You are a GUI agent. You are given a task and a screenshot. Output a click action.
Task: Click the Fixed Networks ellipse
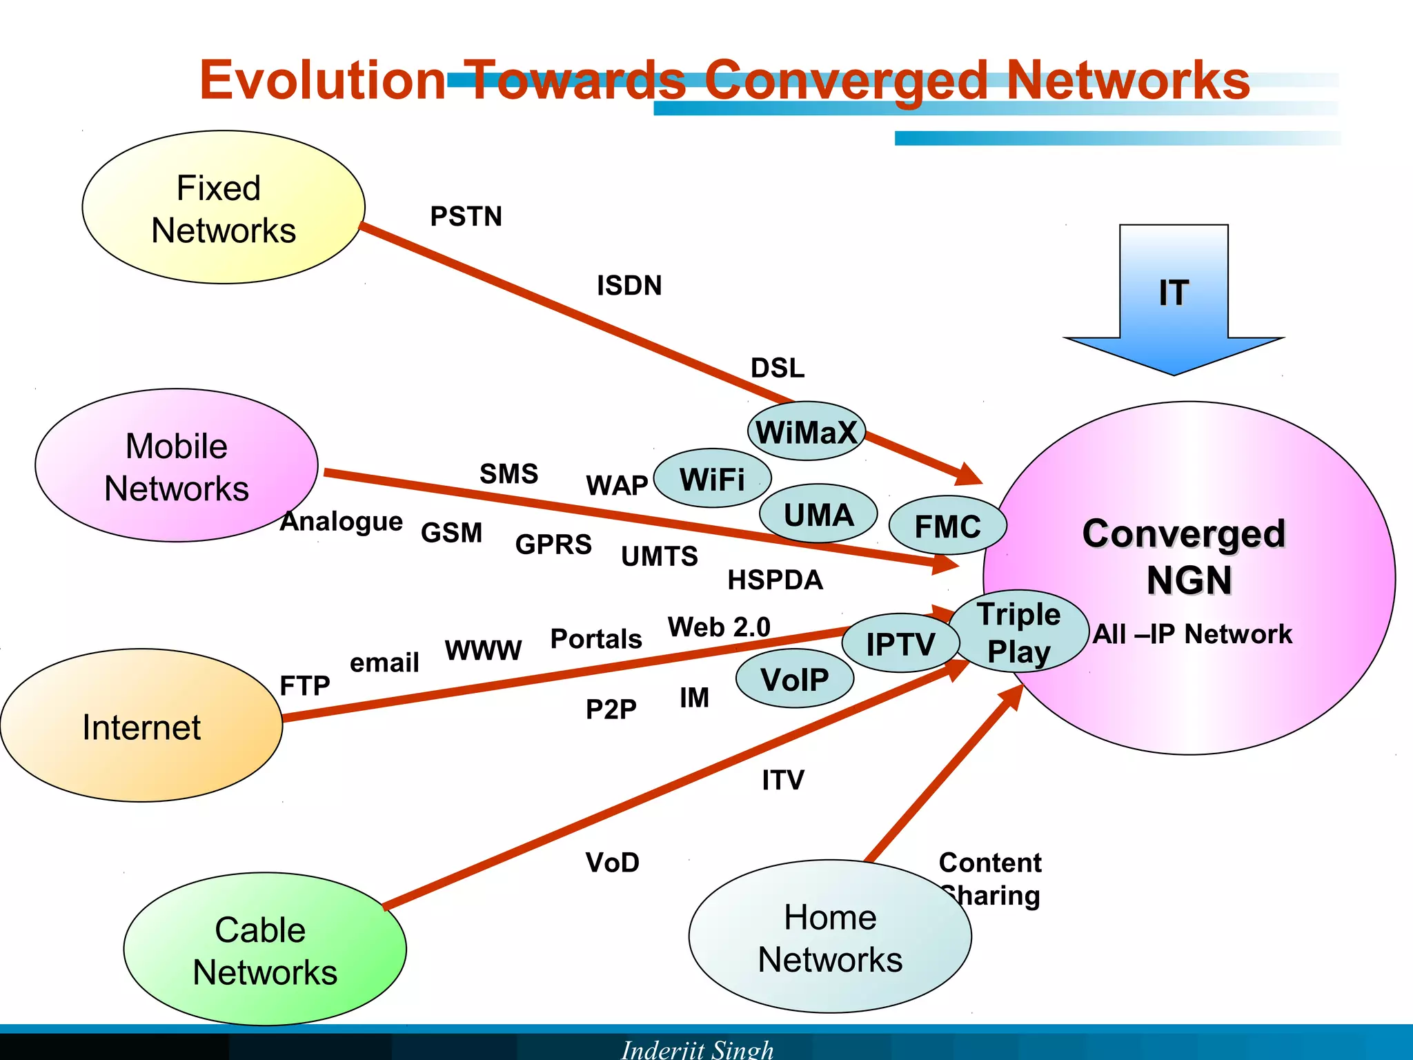[x=224, y=207]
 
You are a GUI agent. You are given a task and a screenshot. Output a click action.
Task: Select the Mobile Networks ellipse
[x=177, y=466]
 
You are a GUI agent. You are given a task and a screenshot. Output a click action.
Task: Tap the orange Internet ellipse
[x=141, y=726]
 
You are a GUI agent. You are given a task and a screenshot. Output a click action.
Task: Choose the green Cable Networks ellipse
[x=265, y=950]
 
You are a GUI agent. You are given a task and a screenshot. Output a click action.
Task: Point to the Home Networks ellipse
[x=830, y=937]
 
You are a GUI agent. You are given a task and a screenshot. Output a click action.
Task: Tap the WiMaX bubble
[x=806, y=432]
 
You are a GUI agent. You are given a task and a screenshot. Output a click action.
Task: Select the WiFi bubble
[x=712, y=479]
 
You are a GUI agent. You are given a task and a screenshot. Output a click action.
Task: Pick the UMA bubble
[x=818, y=514]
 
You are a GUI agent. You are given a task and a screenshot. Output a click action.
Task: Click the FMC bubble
[x=947, y=526]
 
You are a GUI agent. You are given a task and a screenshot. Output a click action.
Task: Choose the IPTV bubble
[x=900, y=644]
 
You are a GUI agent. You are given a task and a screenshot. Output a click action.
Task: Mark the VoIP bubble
[x=795, y=679]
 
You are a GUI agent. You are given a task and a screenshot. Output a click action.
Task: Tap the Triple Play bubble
[x=1019, y=632]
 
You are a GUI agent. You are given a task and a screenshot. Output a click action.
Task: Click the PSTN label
[x=466, y=217]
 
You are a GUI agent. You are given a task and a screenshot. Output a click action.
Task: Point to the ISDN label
[x=629, y=286]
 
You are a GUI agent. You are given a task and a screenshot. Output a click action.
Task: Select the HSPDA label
[x=775, y=580]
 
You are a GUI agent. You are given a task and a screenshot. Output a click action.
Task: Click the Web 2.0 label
[x=719, y=627]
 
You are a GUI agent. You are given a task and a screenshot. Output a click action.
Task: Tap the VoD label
[x=613, y=863]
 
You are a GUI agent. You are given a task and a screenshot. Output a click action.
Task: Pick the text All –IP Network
[x=1192, y=634]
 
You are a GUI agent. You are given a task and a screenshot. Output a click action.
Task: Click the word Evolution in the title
[x=323, y=80]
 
